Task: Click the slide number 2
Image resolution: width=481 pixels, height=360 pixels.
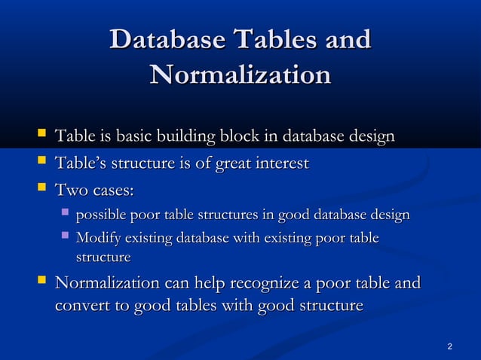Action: [450, 346]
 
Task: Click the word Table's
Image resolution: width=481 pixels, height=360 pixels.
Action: [81, 163]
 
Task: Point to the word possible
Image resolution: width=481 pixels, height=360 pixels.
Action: [103, 216]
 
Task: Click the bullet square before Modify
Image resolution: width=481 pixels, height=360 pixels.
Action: [65, 238]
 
